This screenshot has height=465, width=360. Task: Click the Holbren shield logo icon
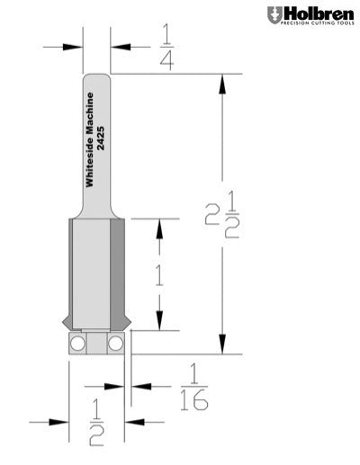(x=274, y=14)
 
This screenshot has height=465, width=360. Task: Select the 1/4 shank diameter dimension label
(x=166, y=46)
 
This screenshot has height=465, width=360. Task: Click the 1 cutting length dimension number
(x=159, y=273)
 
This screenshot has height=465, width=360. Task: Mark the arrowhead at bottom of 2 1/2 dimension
(x=220, y=347)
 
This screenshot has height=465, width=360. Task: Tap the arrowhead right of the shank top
(x=119, y=47)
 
